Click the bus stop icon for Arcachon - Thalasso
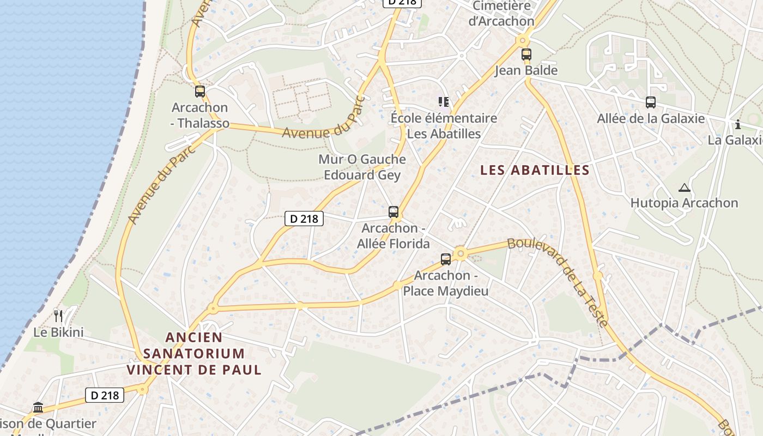tap(200, 92)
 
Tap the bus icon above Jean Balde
tap(526, 55)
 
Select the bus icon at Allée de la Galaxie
tap(650, 102)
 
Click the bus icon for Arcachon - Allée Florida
tap(393, 212)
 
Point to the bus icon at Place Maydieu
tap(446, 259)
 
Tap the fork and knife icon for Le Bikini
tap(58, 316)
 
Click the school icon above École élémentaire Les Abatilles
tap(444, 102)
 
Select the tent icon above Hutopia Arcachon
tap(684, 188)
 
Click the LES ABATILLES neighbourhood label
tap(535, 170)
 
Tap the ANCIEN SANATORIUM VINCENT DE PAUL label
tap(194, 354)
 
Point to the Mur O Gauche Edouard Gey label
tap(362, 167)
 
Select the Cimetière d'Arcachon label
tap(501, 14)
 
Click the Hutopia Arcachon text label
tap(684, 203)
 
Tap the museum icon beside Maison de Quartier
tap(38, 408)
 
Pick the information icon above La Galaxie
tap(738, 124)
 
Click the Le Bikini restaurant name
tap(58, 332)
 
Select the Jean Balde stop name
tap(526, 70)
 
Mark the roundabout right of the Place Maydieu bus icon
tap(461, 253)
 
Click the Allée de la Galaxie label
tap(651, 118)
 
